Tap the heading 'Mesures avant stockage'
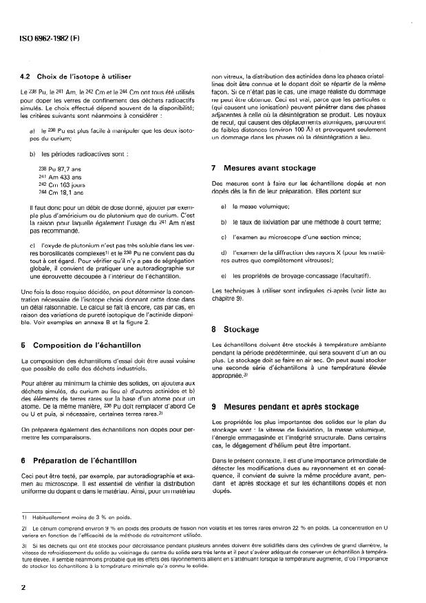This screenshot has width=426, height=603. pyautogui.click(x=268, y=167)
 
